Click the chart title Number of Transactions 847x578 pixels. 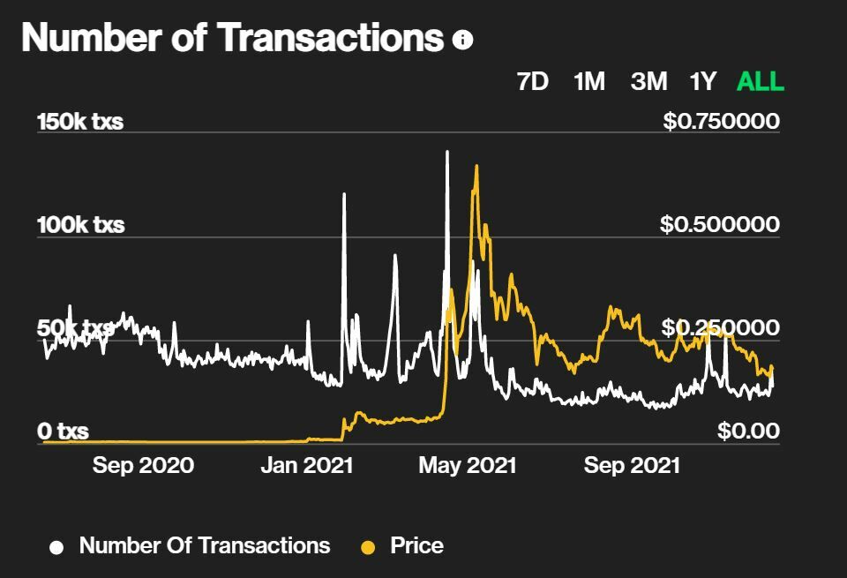(232, 38)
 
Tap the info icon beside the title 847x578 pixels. (462, 40)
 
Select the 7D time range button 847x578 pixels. (532, 82)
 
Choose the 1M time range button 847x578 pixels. (588, 82)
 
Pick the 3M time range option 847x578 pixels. (648, 82)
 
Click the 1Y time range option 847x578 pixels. (702, 82)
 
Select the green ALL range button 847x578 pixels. (760, 82)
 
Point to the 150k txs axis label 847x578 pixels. (80, 122)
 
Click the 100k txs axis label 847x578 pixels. (80, 225)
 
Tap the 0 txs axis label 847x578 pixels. (63, 432)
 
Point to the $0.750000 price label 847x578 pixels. (721, 121)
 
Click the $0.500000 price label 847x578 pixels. (719, 225)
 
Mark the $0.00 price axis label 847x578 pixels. (748, 432)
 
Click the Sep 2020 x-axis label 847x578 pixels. (143, 465)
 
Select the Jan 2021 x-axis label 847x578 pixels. (306, 465)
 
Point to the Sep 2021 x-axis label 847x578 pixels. (632, 465)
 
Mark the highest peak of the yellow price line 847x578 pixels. (476, 166)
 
